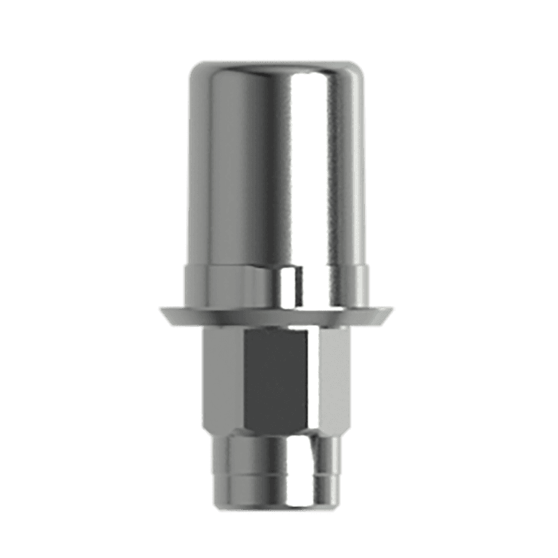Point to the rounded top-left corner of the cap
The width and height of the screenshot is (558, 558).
(195, 72)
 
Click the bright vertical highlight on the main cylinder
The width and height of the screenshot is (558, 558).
(287, 165)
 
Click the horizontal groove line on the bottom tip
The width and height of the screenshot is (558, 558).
(276, 471)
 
